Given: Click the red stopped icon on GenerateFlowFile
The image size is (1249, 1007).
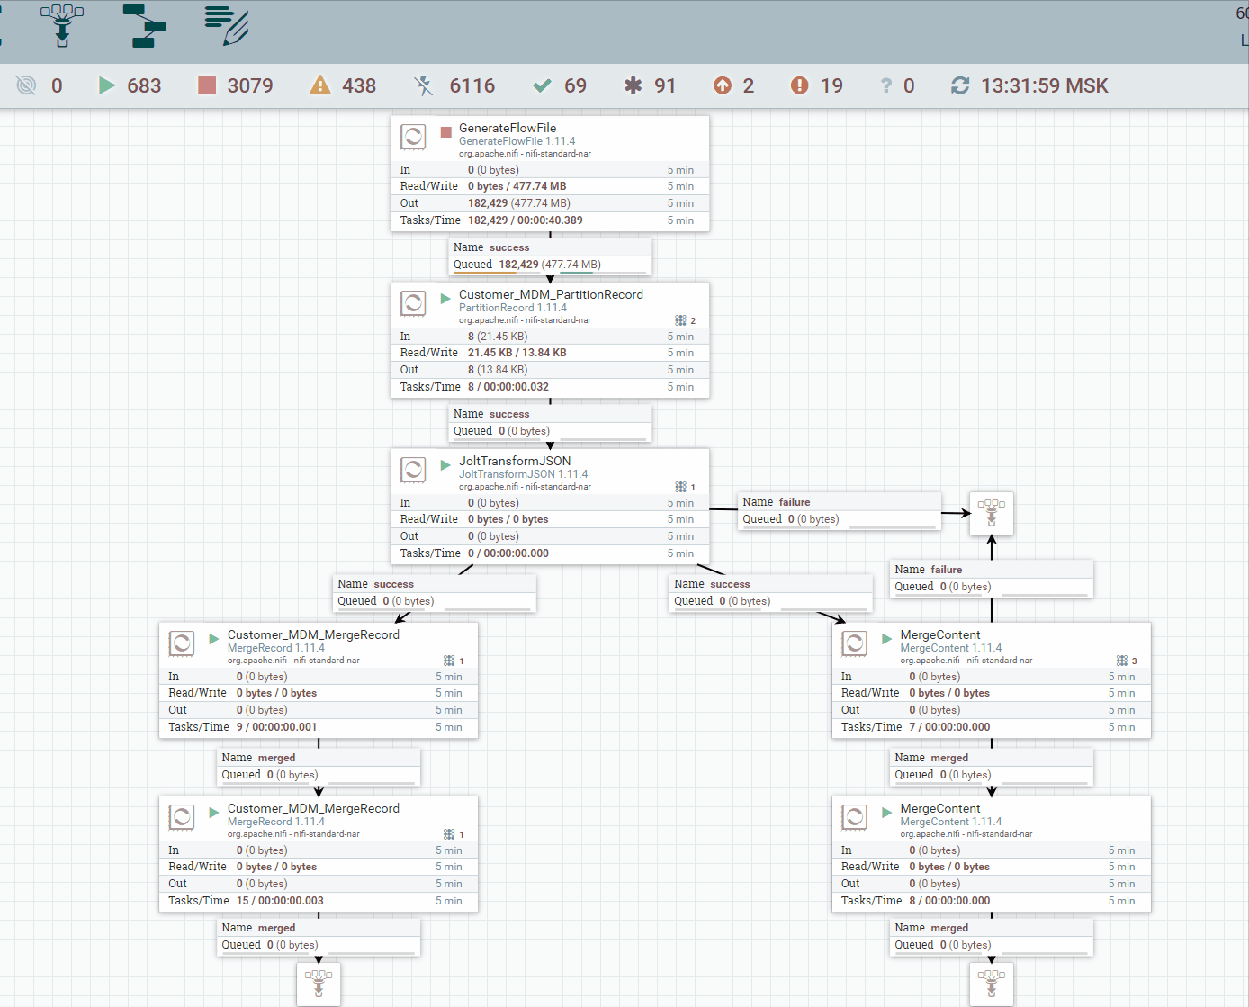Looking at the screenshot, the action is (x=445, y=132).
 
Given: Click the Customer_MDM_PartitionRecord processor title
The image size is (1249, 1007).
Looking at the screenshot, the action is (x=551, y=294).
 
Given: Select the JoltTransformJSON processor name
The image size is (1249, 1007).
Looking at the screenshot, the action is (x=515, y=461).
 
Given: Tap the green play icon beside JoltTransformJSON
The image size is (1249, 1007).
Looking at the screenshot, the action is (x=445, y=465).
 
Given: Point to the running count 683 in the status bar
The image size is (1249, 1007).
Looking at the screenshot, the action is (x=144, y=85).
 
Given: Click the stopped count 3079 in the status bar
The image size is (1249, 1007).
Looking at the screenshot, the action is (x=249, y=85).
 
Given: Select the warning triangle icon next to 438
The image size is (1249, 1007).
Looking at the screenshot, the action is (x=319, y=85).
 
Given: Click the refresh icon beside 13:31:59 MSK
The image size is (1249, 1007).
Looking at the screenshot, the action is (x=960, y=85).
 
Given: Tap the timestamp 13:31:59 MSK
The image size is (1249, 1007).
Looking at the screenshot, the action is (x=1045, y=85).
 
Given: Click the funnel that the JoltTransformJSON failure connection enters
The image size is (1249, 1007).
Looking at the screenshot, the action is (x=992, y=513).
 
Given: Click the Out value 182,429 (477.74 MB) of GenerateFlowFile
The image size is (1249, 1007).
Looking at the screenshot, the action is (x=519, y=203).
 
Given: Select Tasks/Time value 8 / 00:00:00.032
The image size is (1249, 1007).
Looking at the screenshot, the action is (x=508, y=387).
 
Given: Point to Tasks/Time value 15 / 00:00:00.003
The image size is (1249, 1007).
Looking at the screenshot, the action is (x=280, y=900).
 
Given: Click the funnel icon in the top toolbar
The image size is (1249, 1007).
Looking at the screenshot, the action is (x=62, y=25).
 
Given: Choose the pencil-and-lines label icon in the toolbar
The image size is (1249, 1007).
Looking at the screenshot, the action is (x=227, y=25).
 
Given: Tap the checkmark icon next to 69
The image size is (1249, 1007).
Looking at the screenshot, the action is (x=542, y=85).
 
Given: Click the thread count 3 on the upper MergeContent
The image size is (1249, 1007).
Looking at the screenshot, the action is (x=1134, y=661).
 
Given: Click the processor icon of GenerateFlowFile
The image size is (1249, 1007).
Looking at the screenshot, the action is (x=413, y=137).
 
